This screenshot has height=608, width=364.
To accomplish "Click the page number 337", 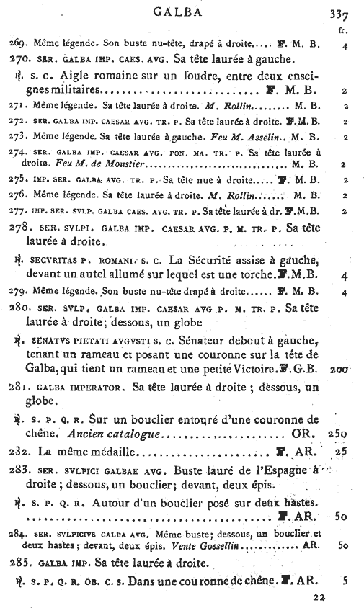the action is tap(339, 14).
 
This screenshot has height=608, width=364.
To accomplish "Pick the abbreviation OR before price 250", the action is tap(301, 435).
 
